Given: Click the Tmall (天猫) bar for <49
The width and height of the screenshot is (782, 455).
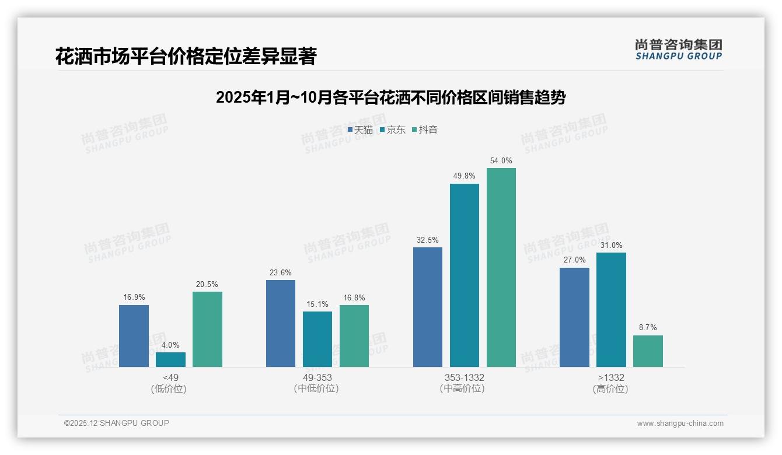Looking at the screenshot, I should (134, 336).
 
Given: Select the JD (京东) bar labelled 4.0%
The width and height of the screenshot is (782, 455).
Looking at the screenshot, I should (170, 359).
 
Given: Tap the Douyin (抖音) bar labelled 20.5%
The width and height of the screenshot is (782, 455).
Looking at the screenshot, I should (207, 329).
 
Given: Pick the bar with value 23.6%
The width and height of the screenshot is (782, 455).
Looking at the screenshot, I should (281, 323).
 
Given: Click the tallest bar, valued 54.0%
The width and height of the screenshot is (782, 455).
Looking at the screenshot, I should (501, 267).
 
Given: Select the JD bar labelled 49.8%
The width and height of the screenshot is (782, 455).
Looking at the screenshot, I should (465, 275).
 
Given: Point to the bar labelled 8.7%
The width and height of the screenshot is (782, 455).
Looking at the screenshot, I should (648, 351).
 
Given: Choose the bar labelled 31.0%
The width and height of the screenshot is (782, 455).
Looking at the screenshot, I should (611, 310).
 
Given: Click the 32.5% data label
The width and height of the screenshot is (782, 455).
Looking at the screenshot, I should (428, 240).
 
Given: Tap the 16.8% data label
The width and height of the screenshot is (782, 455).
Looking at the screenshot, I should (354, 297).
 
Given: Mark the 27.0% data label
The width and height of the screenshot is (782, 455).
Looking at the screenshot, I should (575, 260).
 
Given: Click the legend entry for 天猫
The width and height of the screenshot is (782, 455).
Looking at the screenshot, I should (360, 129).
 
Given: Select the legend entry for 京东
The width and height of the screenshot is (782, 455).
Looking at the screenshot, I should (393, 129).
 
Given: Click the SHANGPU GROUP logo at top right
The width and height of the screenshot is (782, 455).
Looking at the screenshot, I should (678, 50).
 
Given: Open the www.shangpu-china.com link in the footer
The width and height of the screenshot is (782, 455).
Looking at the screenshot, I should (680, 423).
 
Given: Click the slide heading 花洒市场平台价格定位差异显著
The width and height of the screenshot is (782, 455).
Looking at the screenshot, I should (186, 56).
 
